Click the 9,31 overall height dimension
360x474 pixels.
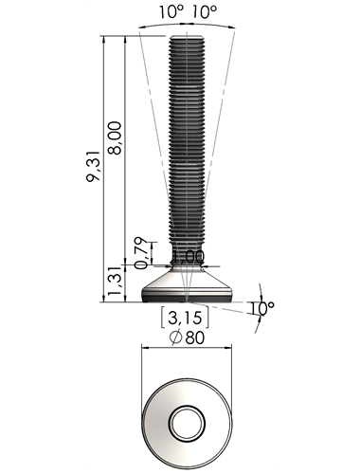(93, 166)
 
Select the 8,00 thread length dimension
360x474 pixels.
(115, 137)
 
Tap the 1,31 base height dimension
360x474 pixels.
(115, 281)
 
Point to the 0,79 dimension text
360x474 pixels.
(141, 253)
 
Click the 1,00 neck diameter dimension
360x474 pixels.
(189, 257)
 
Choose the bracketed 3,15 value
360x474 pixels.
(185, 318)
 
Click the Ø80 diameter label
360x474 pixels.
(187, 337)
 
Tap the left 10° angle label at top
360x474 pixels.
(171, 11)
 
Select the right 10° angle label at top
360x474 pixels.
(205, 11)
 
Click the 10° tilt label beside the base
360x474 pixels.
(261, 308)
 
